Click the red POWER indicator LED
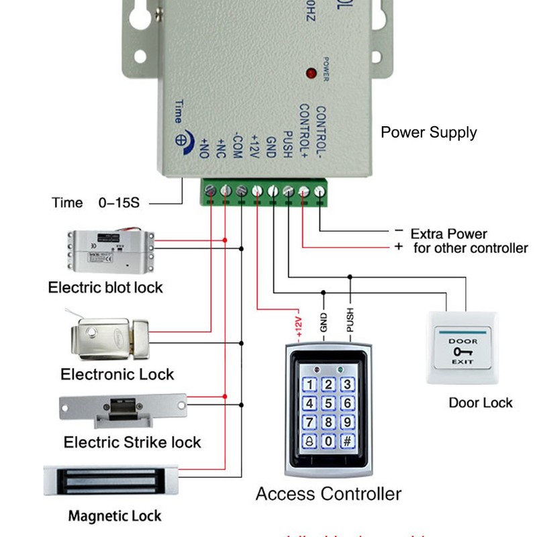(311, 72)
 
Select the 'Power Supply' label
(428, 132)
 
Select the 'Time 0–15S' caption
(96, 203)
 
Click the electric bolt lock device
(111, 250)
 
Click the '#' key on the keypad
(347, 442)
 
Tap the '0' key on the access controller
(328, 442)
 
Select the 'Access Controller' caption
(328, 495)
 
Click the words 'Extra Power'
(448, 234)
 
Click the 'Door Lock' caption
(480, 403)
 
